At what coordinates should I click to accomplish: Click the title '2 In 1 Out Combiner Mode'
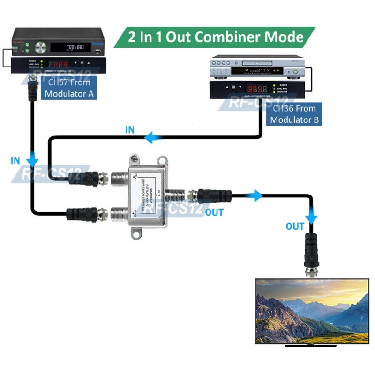tap(216, 37)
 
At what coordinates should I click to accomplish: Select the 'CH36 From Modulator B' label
tap(295, 114)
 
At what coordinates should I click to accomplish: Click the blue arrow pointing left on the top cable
tap(153, 138)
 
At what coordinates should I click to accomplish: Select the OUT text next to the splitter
tap(215, 212)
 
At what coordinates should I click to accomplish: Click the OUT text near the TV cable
tap(295, 227)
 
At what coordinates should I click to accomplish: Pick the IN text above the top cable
tap(130, 130)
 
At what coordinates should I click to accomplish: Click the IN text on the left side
tap(15, 161)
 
